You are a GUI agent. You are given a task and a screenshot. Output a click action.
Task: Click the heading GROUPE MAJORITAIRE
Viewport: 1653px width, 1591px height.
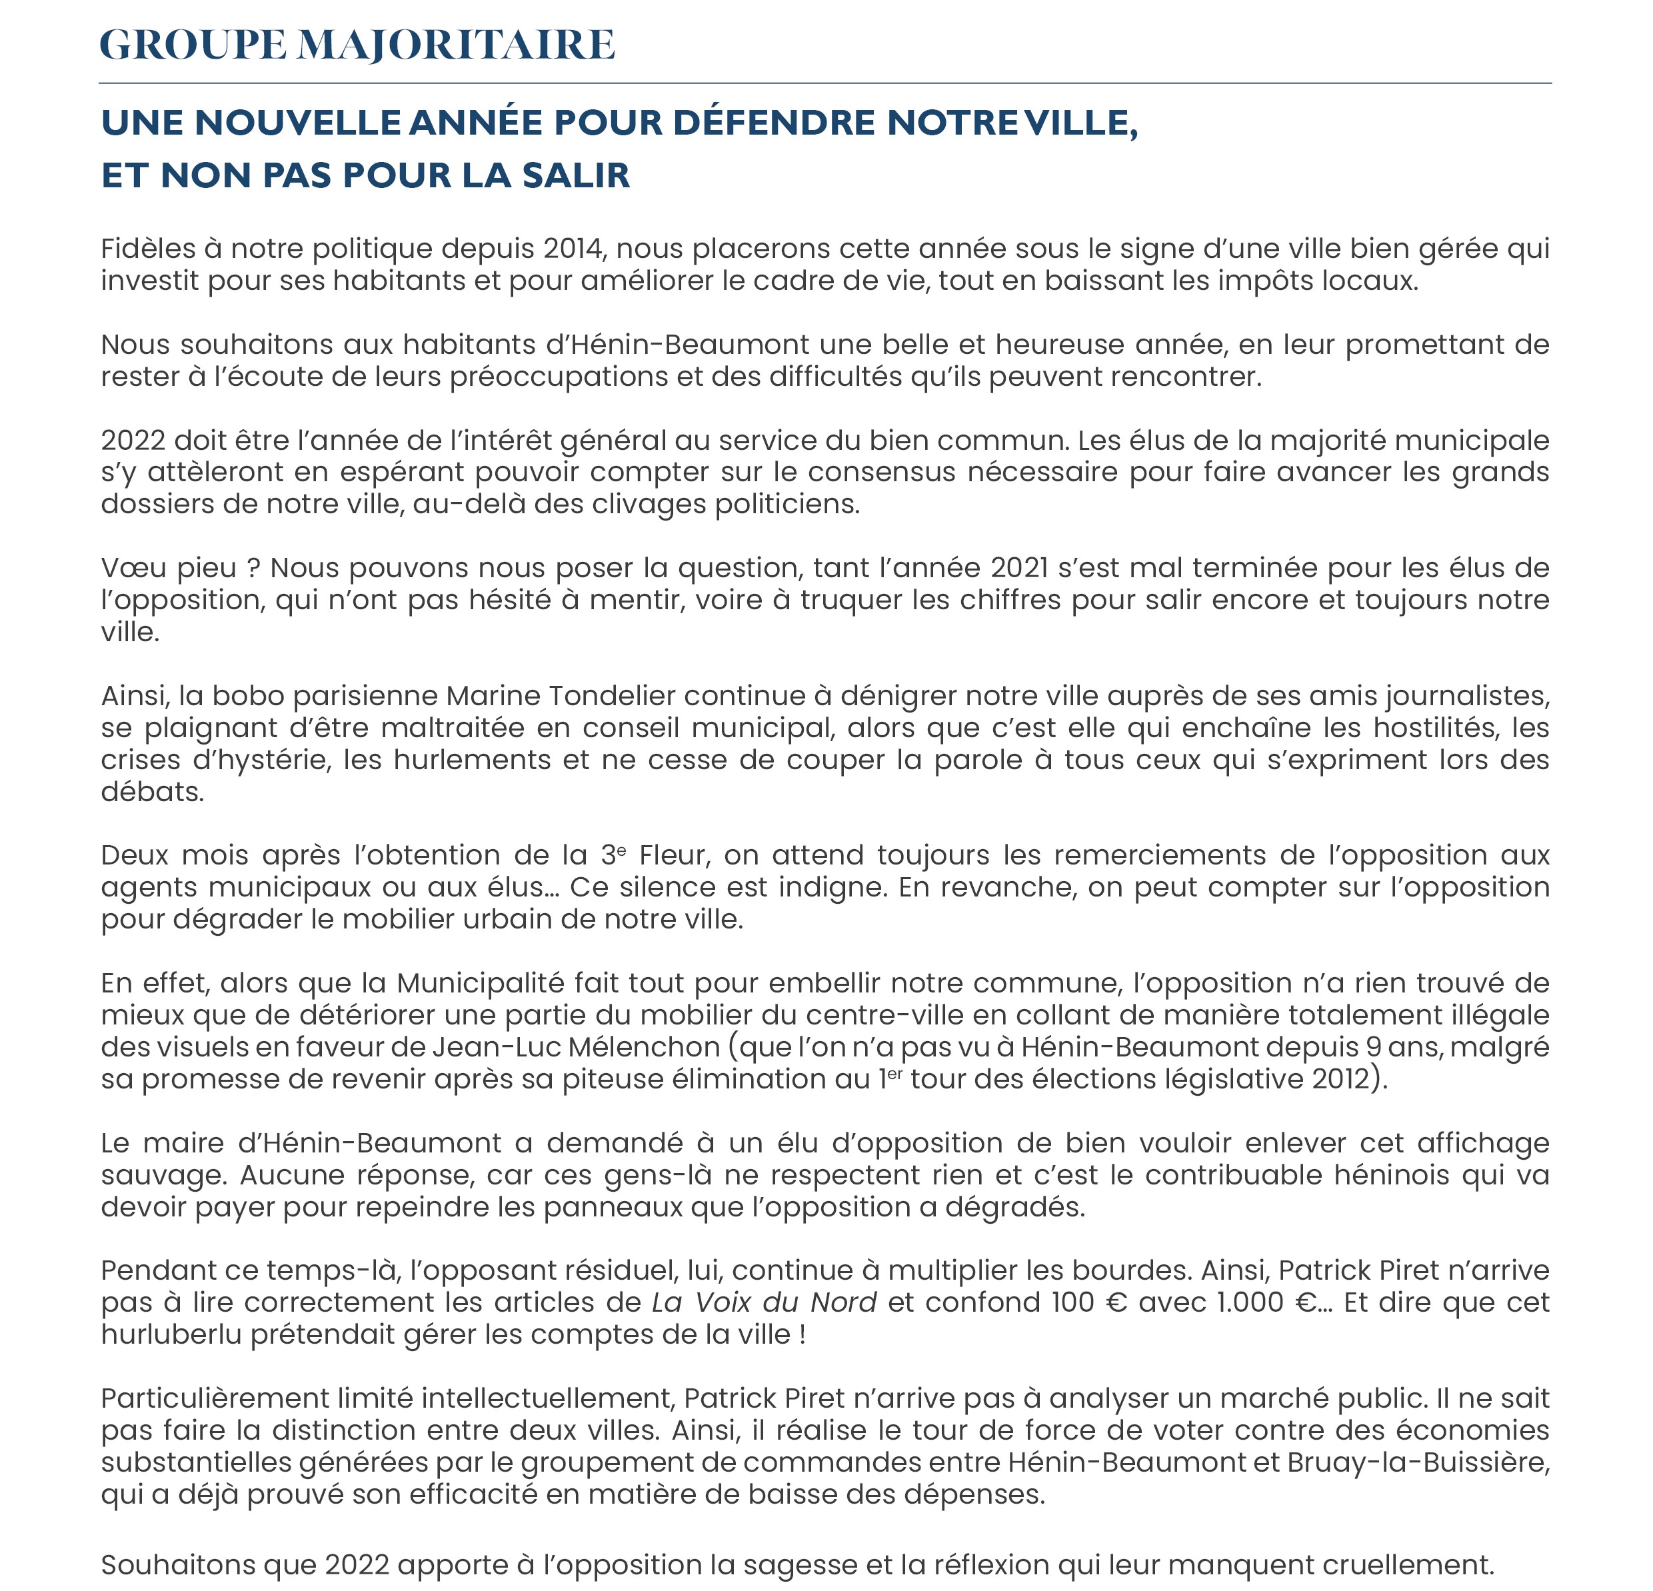pyautogui.click(x=357, y=45)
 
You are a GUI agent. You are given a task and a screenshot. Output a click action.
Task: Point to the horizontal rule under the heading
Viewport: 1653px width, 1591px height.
pyautogui.click(x=825, y=83)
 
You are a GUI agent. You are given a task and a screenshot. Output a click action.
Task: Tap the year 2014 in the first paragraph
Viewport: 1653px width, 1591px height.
pyautogui.click(x=573, y=249)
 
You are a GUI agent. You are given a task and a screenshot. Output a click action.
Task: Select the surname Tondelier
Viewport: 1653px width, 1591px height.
pyautogui.click(x=613, y=697)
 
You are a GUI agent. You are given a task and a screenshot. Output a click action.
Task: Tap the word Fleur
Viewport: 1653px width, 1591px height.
pyautogui.click(x=674, y=856)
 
